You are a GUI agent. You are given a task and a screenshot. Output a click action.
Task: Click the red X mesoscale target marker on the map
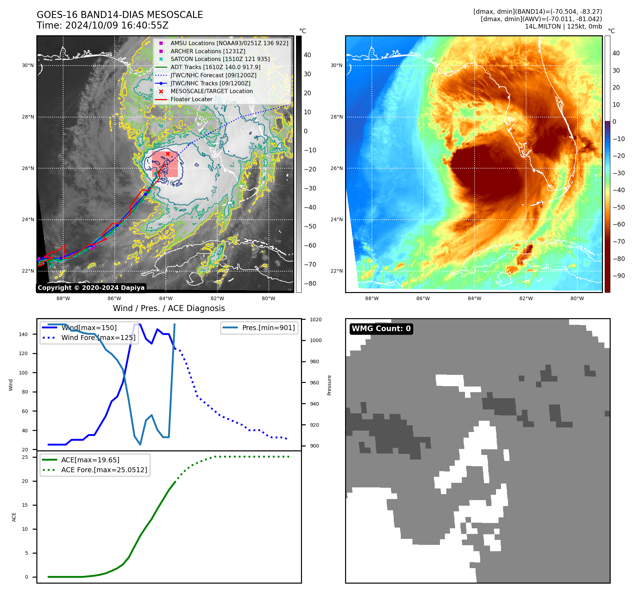coord(168,154)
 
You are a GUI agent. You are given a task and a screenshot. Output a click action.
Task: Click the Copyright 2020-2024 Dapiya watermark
coord(91,288)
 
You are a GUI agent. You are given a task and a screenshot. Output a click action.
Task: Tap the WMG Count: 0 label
coord(381,329)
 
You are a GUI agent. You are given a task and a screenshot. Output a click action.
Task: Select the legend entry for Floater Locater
coord(191,99)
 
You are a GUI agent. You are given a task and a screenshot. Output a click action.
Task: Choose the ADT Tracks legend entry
coord(215,67)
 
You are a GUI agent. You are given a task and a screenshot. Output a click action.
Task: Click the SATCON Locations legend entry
coord(220,59)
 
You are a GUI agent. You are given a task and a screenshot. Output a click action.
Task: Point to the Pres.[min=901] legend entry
coord(268,328)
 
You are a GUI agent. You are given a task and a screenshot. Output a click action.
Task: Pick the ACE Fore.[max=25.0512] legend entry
coord(104,470)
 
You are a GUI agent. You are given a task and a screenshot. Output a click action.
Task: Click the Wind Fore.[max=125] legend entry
coord(98,337)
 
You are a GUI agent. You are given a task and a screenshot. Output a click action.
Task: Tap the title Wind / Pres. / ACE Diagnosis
coord(169,308)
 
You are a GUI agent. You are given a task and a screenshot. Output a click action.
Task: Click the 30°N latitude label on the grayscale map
coord(28,65)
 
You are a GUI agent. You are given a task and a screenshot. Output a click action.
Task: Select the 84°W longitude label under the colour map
coord(474,298)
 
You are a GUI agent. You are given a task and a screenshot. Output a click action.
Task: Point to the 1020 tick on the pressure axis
coord(315,320)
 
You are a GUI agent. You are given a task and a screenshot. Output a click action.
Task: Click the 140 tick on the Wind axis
coord(23,334)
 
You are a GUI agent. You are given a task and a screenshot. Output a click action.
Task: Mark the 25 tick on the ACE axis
coord(25,457)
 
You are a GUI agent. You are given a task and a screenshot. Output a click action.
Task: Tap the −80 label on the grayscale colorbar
coord(310,284)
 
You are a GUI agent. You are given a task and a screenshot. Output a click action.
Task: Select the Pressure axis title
coord(329,385)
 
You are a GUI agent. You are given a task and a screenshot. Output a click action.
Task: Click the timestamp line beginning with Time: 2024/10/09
coord(103,25)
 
